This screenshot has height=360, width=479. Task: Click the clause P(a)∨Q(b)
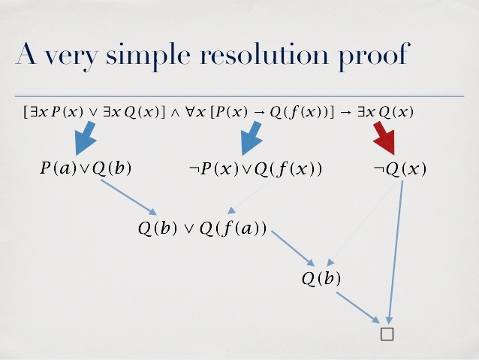coord(86,168)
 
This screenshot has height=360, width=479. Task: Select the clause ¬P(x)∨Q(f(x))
coord(255,168)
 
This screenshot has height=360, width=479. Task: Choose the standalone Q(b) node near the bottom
coord(321,279)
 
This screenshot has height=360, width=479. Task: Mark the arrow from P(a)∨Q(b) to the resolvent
coord(129,198)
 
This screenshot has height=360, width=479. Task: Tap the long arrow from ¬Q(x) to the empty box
coord(395,248)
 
